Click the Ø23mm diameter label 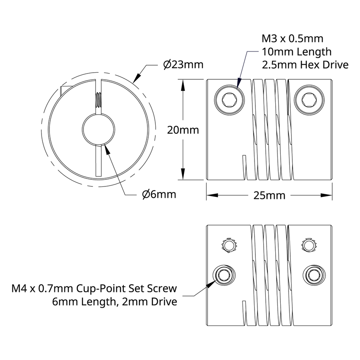coord(183,65)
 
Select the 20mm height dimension coord(183,130)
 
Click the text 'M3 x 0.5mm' coord(292,39)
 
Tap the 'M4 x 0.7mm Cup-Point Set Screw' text coord(94,289)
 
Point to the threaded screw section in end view coord(98,99)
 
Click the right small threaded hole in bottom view coord(308,245)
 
